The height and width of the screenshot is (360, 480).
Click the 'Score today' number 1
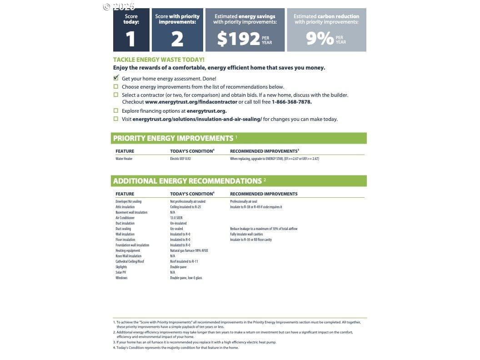130,39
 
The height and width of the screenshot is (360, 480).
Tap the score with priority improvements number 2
177,39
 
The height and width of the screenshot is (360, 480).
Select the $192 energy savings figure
238,39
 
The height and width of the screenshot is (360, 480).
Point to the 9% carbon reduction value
320,39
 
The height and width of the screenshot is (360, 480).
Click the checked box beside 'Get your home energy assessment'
116,78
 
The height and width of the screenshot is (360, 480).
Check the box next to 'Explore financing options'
116,110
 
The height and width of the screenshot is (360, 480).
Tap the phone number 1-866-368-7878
291,102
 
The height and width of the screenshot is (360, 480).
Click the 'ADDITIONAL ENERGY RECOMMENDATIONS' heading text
187,181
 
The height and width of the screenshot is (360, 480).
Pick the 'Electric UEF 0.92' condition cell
180,159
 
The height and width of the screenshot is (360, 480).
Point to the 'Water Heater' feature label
124,159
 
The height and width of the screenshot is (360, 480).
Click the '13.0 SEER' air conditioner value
176,218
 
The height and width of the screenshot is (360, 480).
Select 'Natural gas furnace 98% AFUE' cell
189,250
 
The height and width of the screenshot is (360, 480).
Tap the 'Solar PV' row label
121,272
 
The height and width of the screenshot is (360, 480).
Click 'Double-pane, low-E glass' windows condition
186,278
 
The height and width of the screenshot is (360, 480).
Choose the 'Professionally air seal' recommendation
244,201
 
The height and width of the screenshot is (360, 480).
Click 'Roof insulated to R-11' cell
184,261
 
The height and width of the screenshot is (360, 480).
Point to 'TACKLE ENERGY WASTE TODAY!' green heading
159,60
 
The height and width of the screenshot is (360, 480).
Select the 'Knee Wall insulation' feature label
128,256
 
